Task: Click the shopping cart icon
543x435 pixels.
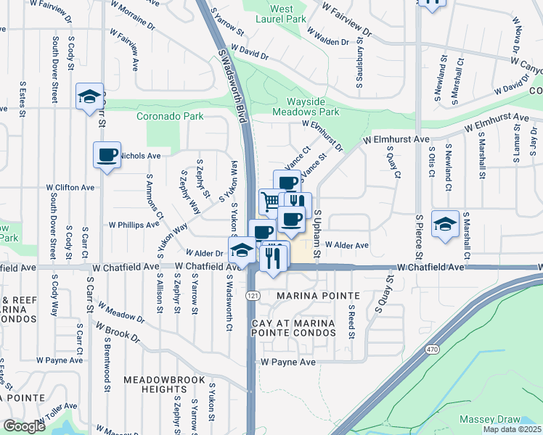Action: point(270,200)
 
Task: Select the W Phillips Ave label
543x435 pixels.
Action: point(134,225)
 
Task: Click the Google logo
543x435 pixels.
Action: point(24,426)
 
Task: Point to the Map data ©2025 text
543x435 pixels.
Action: point(512,429)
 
